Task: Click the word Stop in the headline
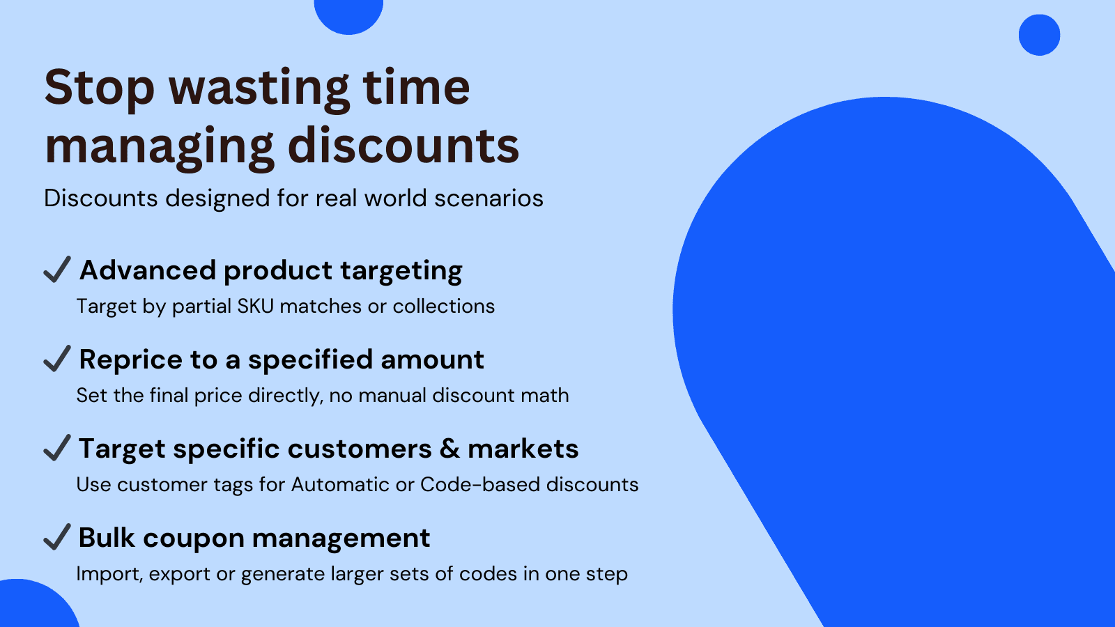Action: tap(99, 88)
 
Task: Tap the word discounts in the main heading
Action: tap(403, 146)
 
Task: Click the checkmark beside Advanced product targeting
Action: tap(57, 269)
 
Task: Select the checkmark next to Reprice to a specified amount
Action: tap(57, 358)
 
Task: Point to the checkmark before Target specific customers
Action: tap(57, 447)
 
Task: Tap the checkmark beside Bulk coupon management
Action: tap(57, 536)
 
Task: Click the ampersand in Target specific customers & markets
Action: tap(449, 449)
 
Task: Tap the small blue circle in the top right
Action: tap(1039, 35)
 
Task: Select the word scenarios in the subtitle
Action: tap(489, 199)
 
